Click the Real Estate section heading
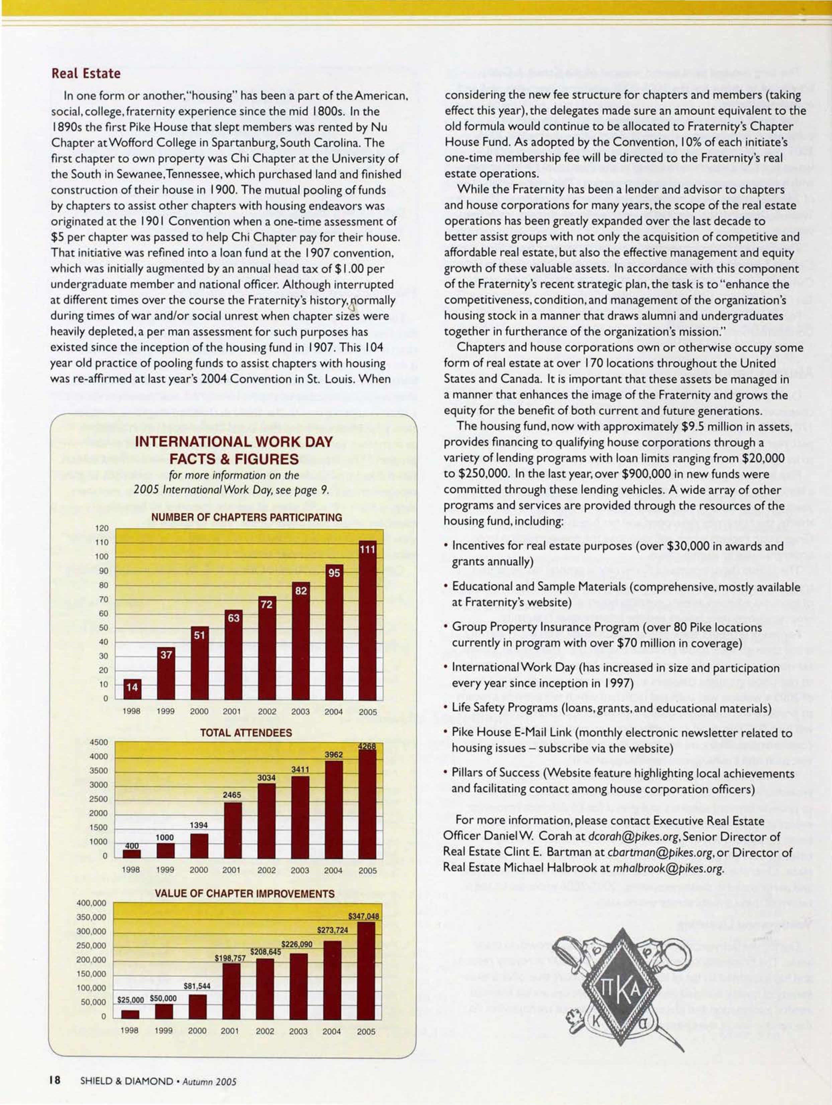(x=86, y=73)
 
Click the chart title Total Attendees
(x=246, y=733)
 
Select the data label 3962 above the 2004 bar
(x=334, y=754)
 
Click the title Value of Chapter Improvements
(x=245, y=894)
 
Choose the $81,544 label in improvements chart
(x=197, y=986)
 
